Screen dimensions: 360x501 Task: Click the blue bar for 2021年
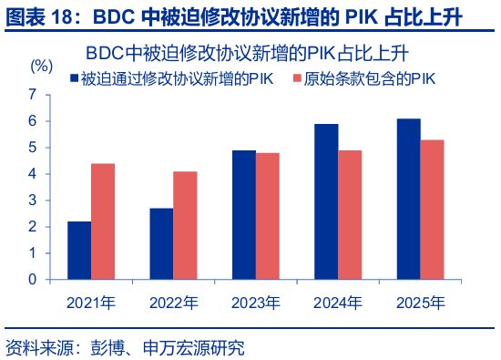tap(79, 251)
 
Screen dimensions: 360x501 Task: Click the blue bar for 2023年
tap(243, 215)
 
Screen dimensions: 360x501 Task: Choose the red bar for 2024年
tap(351, 215)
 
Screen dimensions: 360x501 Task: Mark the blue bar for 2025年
tap(409, 199)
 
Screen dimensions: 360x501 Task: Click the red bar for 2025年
tap(433, 210)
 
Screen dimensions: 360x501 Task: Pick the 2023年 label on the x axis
tap(256, 302)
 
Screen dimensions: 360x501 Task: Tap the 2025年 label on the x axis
tap(421, 302)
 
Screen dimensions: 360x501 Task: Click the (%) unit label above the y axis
tap(42, 66)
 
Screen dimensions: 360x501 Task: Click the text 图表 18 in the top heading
tap(36, 15)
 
